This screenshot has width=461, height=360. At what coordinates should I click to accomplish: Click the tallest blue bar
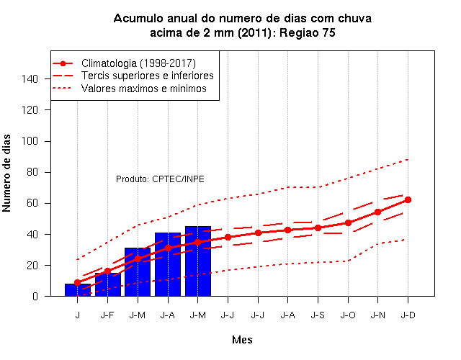click(x=198, y=261)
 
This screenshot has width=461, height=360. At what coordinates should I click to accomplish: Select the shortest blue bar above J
click(x=78, y=290)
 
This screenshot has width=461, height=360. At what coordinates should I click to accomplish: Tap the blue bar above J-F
click(x=108, y=284)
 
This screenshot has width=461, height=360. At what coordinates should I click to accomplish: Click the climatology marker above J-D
click(x=408, y=200)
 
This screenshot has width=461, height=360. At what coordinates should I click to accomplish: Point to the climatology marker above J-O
click(x=348, y=222)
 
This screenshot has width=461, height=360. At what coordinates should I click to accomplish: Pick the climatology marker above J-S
click(x=318, y=228)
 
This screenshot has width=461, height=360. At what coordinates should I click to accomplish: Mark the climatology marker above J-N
click(x=377, y=212)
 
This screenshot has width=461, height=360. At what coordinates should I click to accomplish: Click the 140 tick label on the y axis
click(x=30, y=78)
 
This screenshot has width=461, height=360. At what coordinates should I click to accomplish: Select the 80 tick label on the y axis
click(x=32, y=172)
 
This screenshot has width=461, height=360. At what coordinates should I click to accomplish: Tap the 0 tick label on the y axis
click(x=35, y=296)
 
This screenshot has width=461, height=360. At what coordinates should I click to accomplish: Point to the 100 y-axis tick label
click(x=30, y=141)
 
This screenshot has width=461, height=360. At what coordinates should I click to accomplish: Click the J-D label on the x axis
click(x=408, y=315)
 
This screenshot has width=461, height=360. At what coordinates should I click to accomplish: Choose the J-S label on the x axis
click(x=318, y=315)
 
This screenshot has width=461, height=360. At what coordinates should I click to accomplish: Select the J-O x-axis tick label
click(x=348, y=315)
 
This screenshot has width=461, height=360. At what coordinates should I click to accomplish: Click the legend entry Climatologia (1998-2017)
click(x=138, y=63)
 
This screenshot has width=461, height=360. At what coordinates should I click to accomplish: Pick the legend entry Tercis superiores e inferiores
click(x=147, y=76)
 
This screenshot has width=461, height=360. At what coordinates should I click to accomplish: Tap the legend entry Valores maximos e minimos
click(x=144, y=89)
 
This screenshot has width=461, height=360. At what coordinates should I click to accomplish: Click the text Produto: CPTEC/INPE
click(x=160, y=179)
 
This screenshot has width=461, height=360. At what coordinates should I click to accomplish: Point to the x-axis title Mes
click(x=242, y=340)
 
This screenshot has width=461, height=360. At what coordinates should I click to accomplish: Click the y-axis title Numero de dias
click(x=6, y=173)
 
